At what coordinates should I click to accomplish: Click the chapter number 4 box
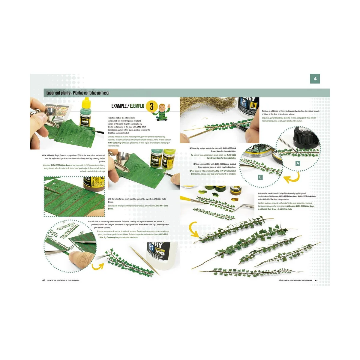tap(315, 79)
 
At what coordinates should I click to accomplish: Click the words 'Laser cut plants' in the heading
tap(58, 93)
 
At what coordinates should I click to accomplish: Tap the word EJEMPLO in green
tap(137, 106)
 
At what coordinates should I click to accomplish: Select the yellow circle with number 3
tap(151, 106)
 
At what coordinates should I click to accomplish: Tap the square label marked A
tap(298, 163)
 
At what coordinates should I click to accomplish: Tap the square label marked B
tap(260, 177)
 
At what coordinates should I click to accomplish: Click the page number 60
tap(44, 280)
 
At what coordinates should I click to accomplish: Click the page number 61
tap(316, 280)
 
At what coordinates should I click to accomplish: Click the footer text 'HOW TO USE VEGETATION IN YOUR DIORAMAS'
tap(63, 280)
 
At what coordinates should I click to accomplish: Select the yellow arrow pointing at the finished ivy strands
tap(194, 231)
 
